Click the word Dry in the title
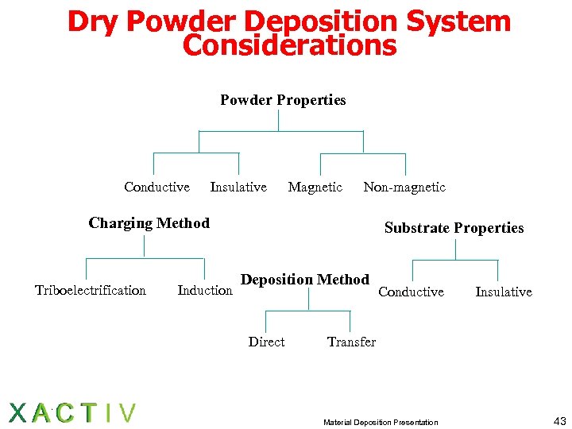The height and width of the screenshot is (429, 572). [93, 21]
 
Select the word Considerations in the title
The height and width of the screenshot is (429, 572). [289, 45]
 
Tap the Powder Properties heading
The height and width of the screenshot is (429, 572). [283, 100]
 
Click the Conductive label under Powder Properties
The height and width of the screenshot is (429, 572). [157, 187]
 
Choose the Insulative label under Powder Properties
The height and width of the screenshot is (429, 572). [238, 187]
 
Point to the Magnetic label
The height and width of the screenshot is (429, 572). [315, 187]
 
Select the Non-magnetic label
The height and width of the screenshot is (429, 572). [404, 187]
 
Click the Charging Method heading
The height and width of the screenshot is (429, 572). [149, 223]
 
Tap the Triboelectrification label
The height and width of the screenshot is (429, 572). [91, 291]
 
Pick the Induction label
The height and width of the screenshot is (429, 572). [205, 291]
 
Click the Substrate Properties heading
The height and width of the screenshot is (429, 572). [454, 228]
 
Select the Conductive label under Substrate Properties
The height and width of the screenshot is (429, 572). [411, 292]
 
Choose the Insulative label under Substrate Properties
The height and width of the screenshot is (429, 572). [504, 292]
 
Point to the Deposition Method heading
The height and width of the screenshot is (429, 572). [305, 280]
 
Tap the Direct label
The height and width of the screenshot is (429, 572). [266, 342]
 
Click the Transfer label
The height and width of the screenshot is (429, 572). [351, 342]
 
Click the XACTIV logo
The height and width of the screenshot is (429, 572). [72, 412]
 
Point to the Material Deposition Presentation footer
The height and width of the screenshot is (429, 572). [381, 422]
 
